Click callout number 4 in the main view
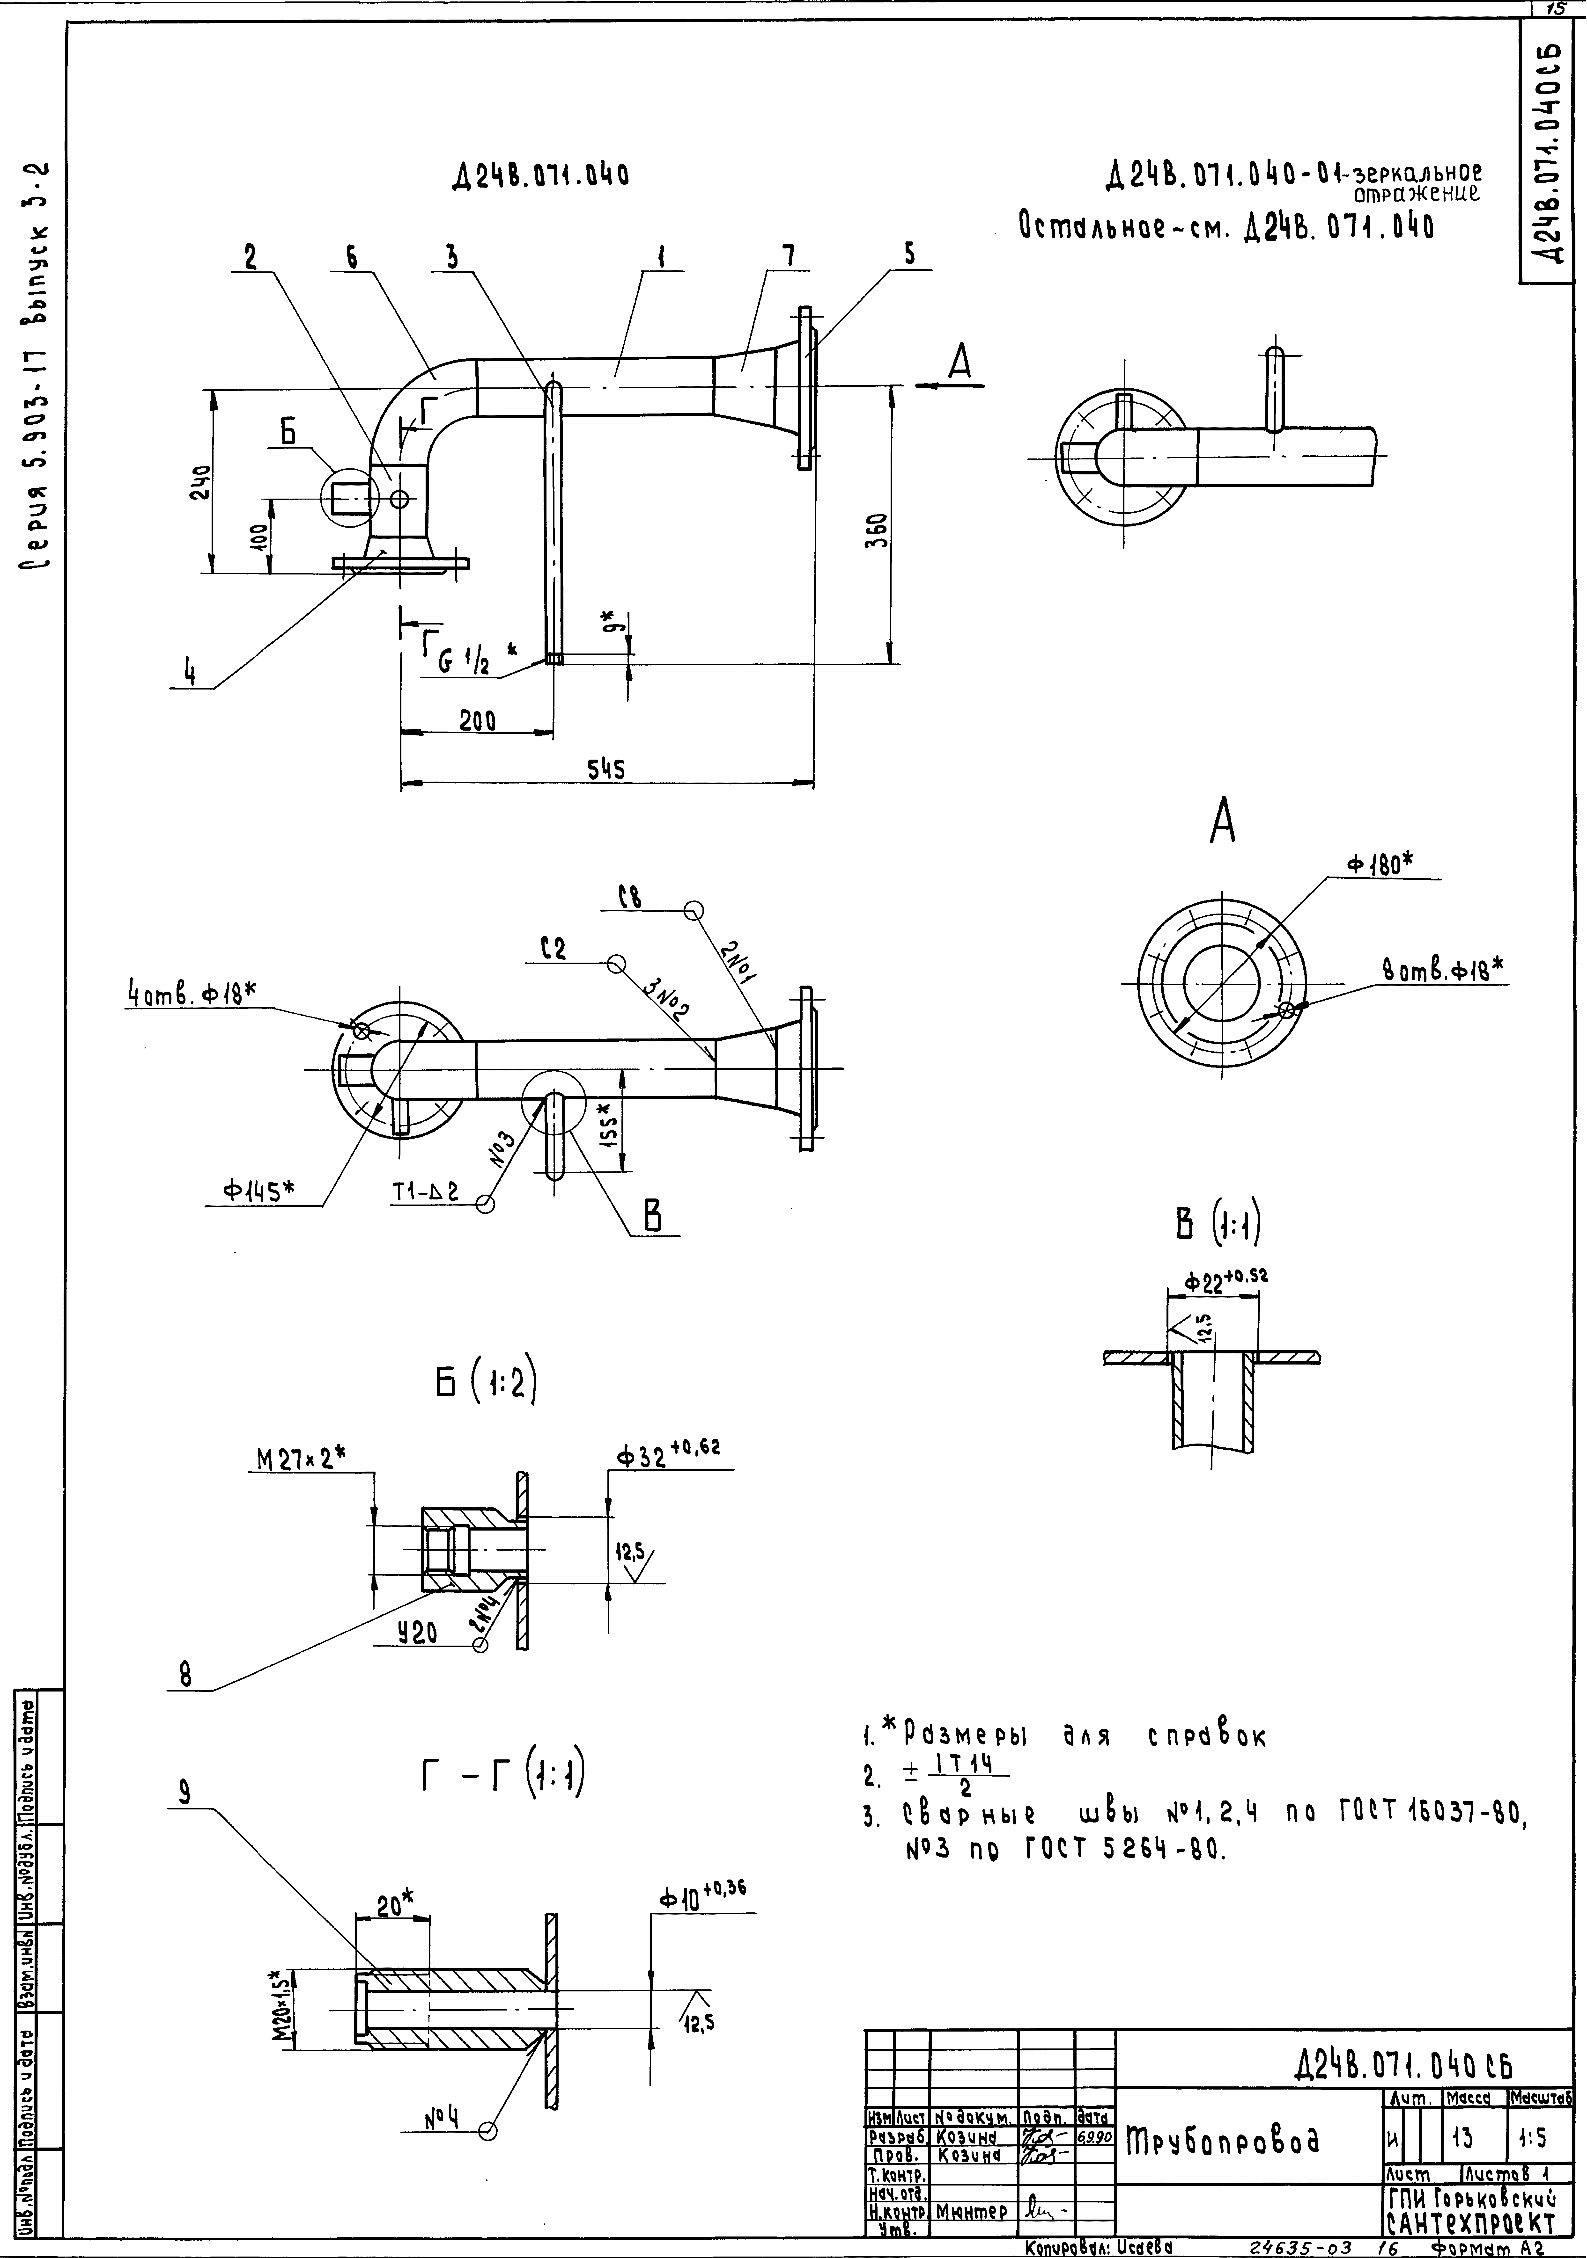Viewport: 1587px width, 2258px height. pos(190,675)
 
